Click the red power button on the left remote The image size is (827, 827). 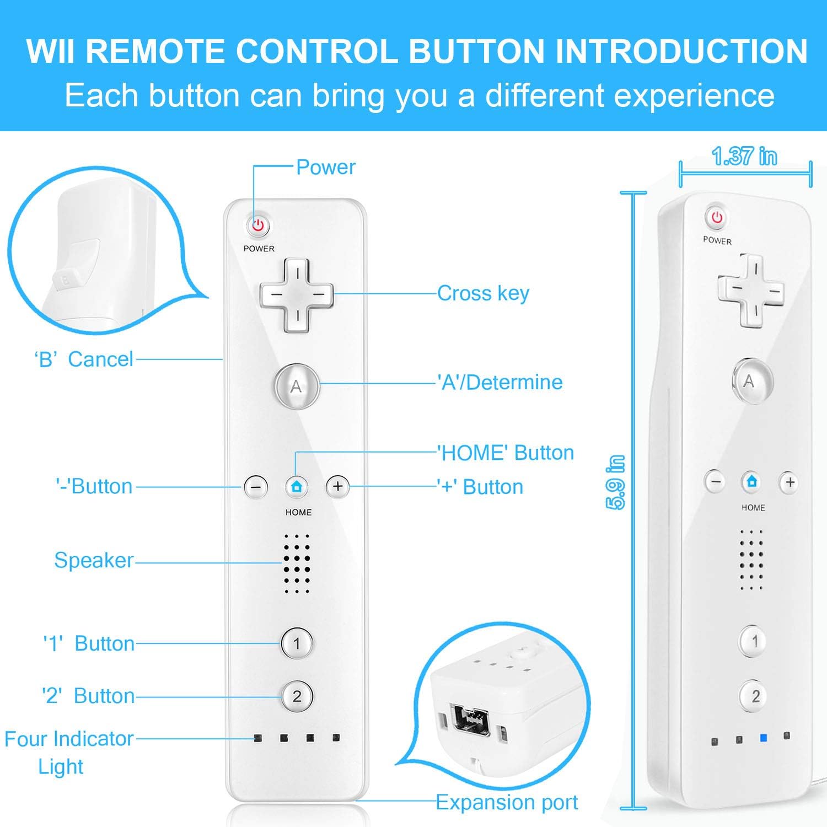coord(257,225)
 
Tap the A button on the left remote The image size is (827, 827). coord(296,386)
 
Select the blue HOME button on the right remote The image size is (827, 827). coord(752,481)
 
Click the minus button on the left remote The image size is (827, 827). coord(256,487)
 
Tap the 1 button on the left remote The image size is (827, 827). coord(297,643)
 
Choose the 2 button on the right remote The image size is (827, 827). coord(755,696)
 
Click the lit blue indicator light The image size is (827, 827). coord(763,738)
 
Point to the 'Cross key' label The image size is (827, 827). coord(483,293)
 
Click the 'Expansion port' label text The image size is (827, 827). coord(507,802)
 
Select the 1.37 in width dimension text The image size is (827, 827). coord(744,157)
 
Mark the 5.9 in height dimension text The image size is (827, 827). coord(616,482)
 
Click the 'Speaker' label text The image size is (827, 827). coord(94,560)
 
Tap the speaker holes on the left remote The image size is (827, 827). coord(297,563)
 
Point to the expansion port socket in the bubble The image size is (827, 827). coord(470,720)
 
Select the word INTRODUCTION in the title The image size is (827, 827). coord(681,51)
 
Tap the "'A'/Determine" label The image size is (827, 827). coord(500,382)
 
